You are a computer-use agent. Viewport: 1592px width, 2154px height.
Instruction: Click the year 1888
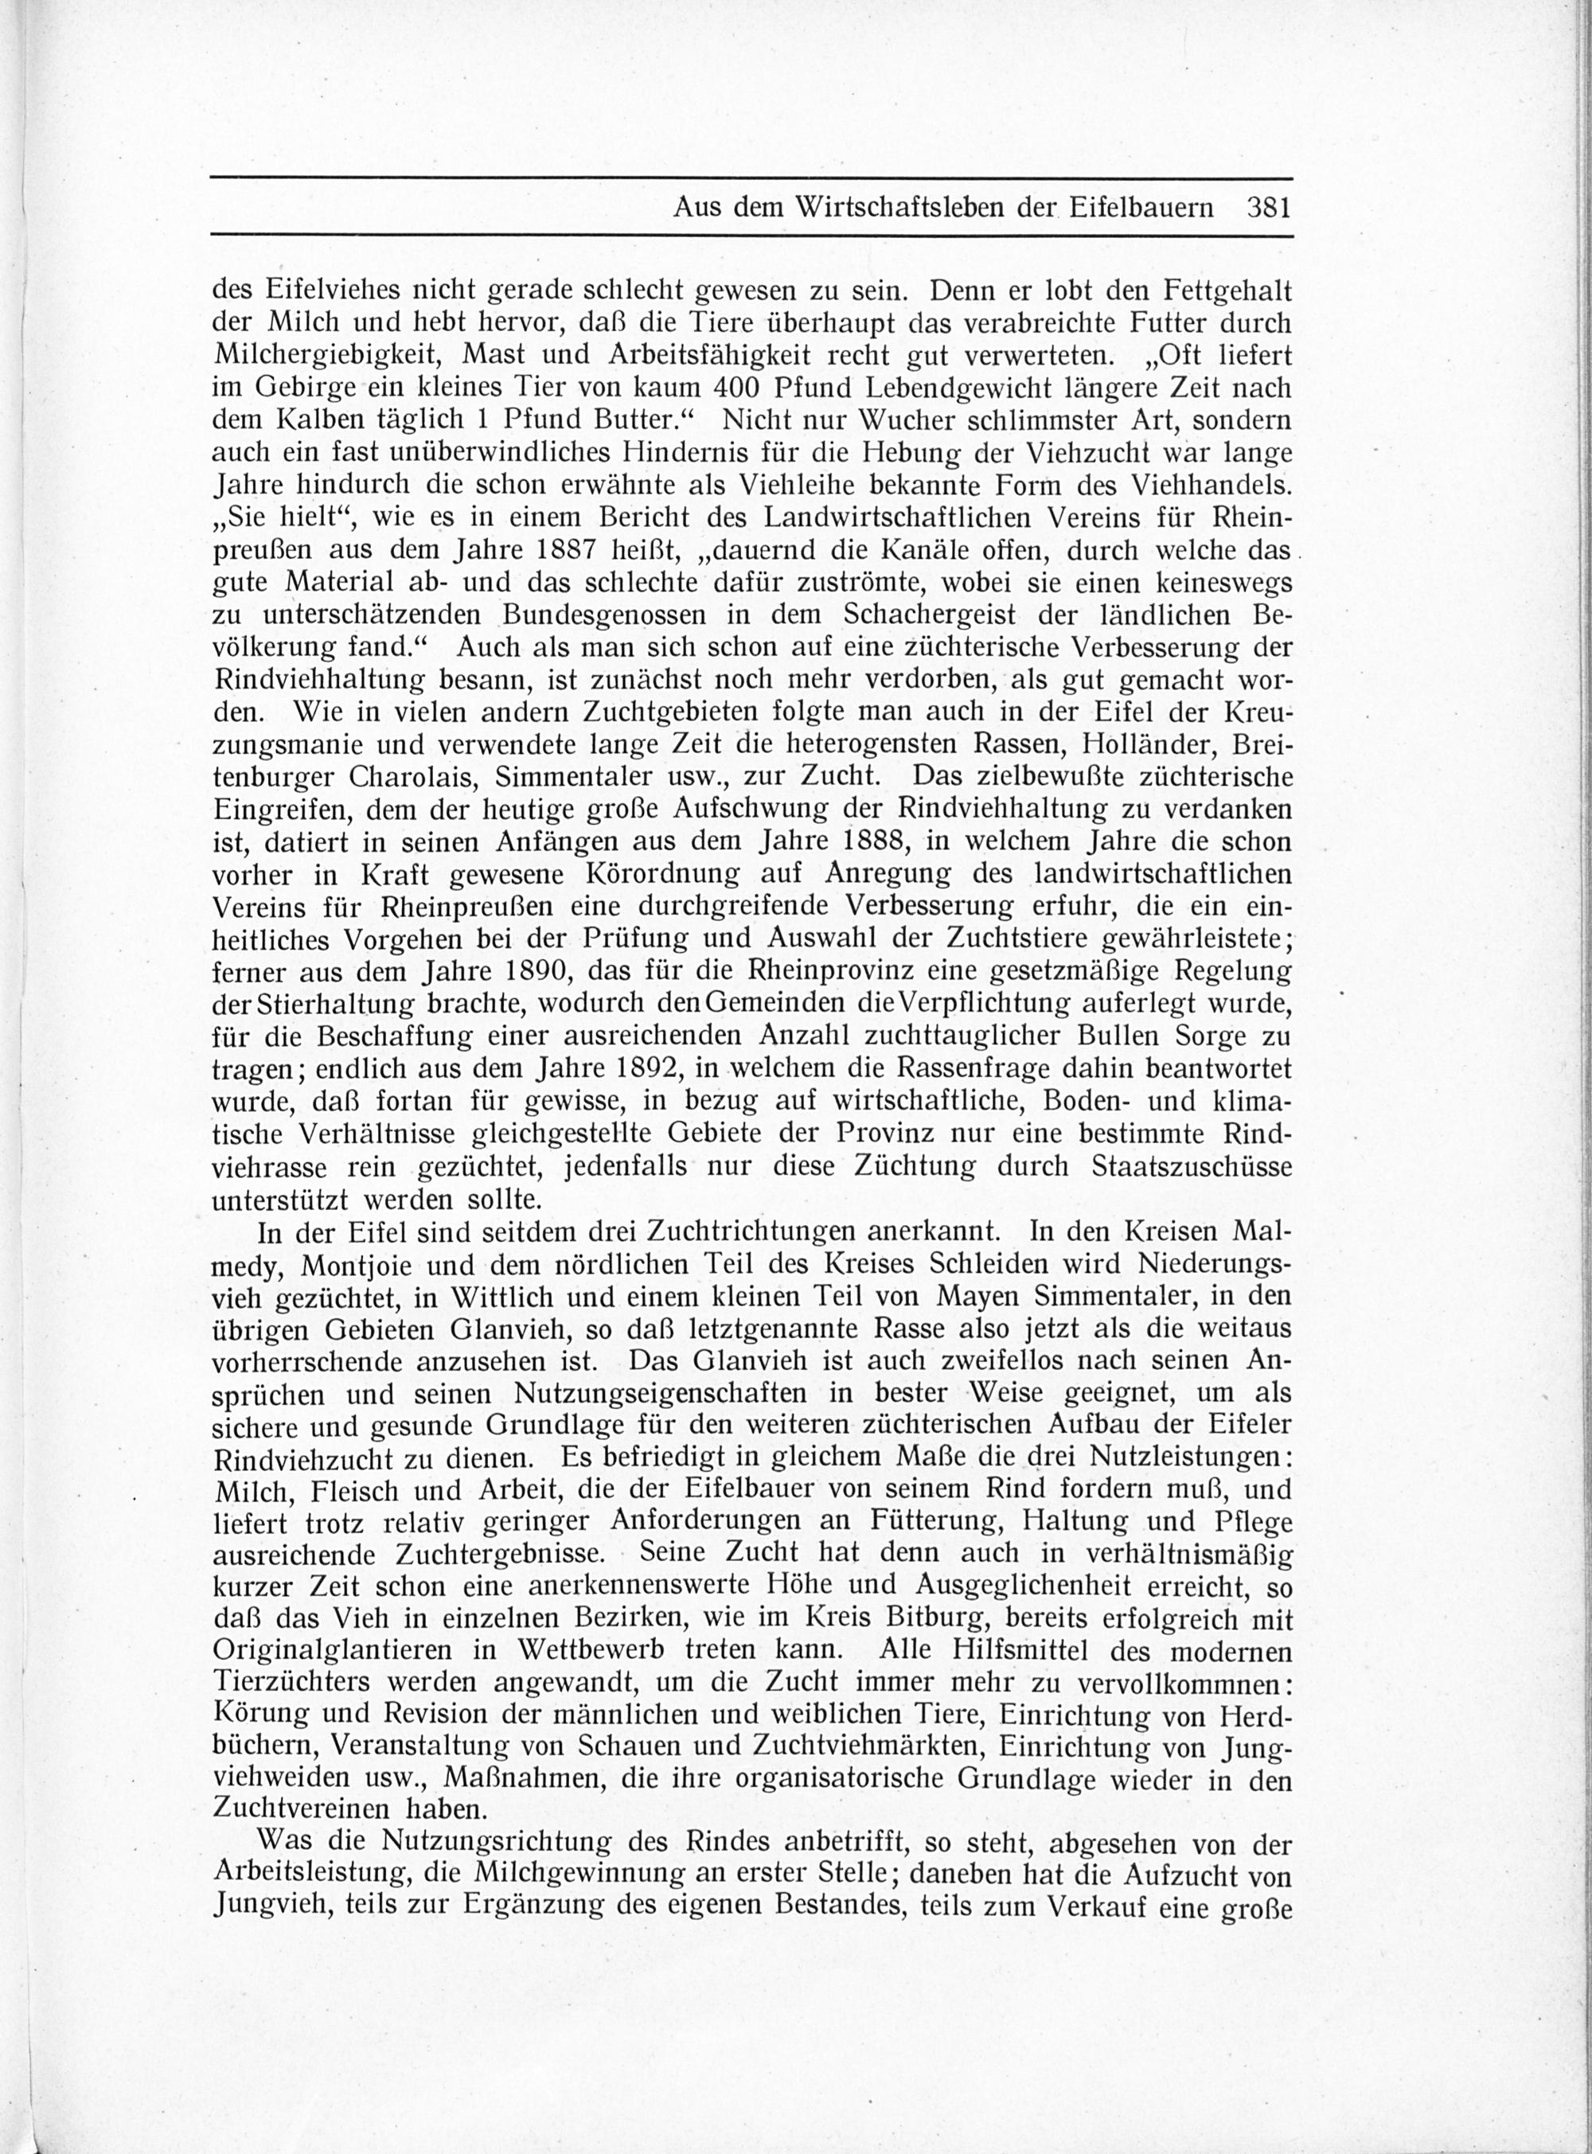[x=872, y=841]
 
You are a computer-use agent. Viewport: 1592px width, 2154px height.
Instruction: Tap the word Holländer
[x=1137, y=744]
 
